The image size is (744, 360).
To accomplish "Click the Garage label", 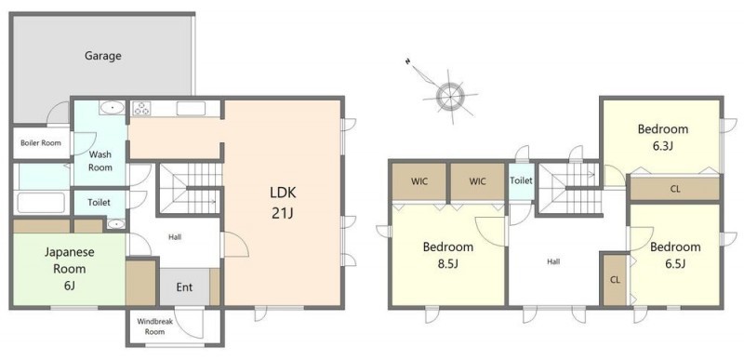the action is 103,56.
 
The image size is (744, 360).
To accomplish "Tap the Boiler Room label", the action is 40,142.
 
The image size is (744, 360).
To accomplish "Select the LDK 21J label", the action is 283,203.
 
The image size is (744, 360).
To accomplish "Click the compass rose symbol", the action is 449,96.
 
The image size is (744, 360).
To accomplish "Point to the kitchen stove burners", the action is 141,109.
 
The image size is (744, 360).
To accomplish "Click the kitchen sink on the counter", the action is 191,109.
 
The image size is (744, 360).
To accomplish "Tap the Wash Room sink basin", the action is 112,108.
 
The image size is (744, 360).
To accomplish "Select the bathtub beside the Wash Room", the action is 41,203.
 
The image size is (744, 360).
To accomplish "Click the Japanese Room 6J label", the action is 69,269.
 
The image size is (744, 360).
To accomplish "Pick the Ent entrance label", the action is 184,287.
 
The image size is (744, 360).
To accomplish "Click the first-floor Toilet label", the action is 99,203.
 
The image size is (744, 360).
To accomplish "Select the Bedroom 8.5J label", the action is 448,255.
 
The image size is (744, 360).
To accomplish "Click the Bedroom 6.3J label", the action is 662,137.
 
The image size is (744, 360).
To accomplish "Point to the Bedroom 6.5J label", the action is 675,255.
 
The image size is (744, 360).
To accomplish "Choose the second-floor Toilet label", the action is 521,180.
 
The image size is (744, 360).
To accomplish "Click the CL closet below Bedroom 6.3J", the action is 675,189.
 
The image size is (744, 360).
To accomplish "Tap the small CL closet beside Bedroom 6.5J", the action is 615,279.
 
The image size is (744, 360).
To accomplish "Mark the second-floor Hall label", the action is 553,261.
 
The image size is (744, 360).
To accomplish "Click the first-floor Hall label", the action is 175,236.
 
